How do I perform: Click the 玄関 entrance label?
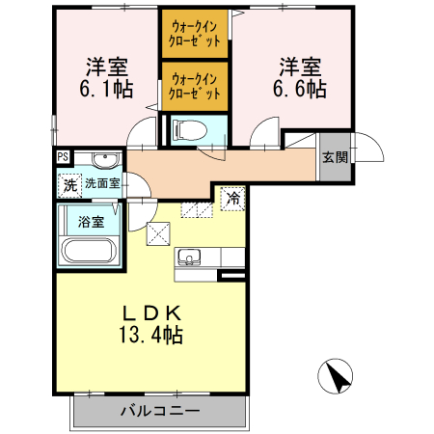click(335, 157)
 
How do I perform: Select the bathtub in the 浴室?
click(88, 252)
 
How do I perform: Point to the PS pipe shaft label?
click(63, 157)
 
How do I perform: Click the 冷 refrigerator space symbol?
click(233, 198)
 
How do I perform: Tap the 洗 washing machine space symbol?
click(69, 183)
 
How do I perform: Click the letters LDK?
click(151, 312)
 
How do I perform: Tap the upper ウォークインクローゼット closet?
click(194, 33)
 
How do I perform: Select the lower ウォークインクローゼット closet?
click(194, 86)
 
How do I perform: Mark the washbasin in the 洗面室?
click(105, 160)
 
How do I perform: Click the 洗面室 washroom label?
click(101, 182)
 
